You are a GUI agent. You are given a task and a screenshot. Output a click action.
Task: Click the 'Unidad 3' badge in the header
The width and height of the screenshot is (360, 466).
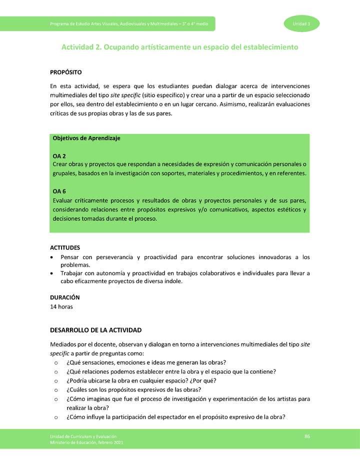[x=301, y=24]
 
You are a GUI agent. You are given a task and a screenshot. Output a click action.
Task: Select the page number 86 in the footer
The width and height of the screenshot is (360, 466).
[x=307, y=437]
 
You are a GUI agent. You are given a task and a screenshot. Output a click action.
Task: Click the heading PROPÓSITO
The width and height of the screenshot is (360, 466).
[x=66, y=72]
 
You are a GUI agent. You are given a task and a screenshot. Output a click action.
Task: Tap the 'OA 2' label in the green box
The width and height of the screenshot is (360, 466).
[x=59, y=156]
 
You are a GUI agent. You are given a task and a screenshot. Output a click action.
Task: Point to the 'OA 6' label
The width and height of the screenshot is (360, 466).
[x=59, y=191]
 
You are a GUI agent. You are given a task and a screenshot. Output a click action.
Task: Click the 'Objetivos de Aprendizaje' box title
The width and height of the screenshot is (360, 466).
[x=86, y=138]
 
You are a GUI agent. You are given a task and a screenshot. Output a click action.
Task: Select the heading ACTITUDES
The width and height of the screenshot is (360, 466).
[x=65, y=247]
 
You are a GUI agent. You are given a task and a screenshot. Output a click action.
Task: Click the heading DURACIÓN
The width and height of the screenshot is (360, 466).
[x=65, y=297]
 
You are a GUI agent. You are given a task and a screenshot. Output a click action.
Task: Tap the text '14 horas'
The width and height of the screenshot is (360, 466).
[x=61, y=306]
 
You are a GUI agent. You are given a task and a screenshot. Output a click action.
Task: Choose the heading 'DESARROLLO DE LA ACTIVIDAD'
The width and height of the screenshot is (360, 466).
[x=96, y=330]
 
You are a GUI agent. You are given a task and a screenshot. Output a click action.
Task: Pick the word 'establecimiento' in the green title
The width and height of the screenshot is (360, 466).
[x=270, y=47]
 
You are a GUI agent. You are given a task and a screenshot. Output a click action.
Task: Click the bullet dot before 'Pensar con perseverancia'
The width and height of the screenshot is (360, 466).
[x=53, y=257]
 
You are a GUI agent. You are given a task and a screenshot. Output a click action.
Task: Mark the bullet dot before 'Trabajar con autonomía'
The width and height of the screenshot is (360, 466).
[x=53, y=273]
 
